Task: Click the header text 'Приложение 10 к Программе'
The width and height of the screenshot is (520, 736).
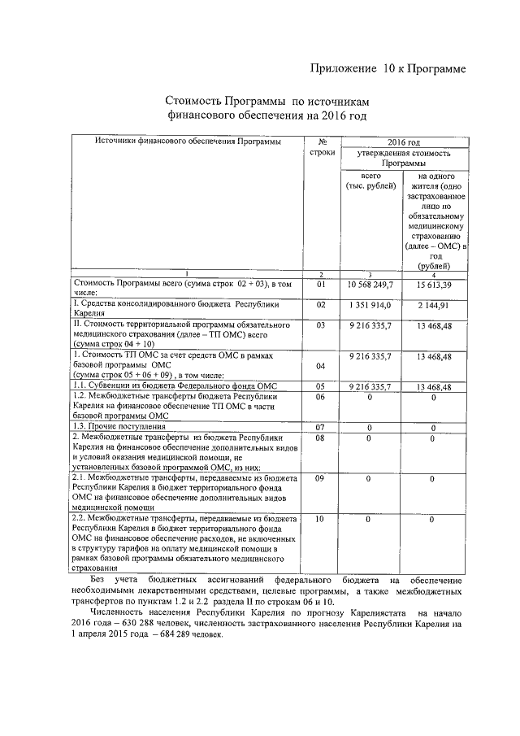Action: (388, 69)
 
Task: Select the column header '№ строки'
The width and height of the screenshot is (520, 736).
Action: (323, 147)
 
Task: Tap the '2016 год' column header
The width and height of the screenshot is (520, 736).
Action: (403, 142)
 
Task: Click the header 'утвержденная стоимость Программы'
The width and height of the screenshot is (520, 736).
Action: (404, 159)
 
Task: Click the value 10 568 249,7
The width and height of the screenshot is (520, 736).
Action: (370, 285)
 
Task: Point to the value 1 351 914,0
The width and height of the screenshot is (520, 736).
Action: (370, 305)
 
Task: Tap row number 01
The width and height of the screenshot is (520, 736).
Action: (320, 285)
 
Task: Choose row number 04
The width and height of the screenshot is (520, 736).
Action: (320, 366)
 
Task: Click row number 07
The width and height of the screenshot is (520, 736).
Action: (320, 427)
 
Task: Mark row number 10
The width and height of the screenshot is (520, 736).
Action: (320, 518)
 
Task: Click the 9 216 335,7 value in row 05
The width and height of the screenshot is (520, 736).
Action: (370, 386)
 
